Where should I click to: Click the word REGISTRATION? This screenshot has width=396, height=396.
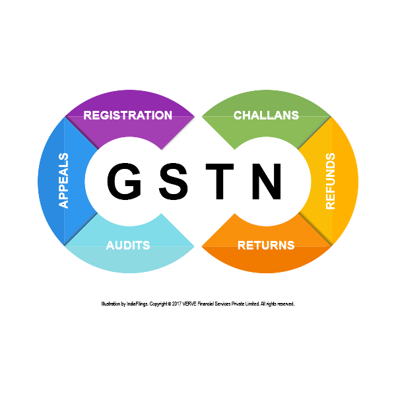pos(127,115)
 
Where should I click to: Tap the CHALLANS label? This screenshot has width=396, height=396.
pos(266,115)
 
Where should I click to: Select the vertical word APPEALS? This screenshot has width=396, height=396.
pos(63,180)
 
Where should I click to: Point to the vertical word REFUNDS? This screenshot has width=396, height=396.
pos(331,181)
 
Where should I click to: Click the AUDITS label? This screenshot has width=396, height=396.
pos(128,246)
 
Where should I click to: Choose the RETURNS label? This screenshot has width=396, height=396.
pos(266,246)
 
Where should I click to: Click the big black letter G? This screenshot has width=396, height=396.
pos(124,181)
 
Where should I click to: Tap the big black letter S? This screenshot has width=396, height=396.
pos(174,181)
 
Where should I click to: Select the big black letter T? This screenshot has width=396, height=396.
pos(220,181)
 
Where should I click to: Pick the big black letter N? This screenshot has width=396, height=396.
pos(267,181)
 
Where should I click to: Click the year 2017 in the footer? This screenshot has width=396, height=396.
pos(177,304)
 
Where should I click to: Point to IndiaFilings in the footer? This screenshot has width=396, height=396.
pos(137,304)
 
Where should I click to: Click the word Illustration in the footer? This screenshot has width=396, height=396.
pos(110,304)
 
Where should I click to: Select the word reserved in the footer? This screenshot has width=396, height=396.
pos(286,304)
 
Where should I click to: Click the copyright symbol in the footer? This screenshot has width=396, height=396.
pos(170,304)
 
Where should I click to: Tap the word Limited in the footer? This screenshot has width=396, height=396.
pos(252,304)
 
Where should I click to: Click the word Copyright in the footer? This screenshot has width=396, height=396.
pos(158,304)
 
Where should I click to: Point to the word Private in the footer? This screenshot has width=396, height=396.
pos(238,304)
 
